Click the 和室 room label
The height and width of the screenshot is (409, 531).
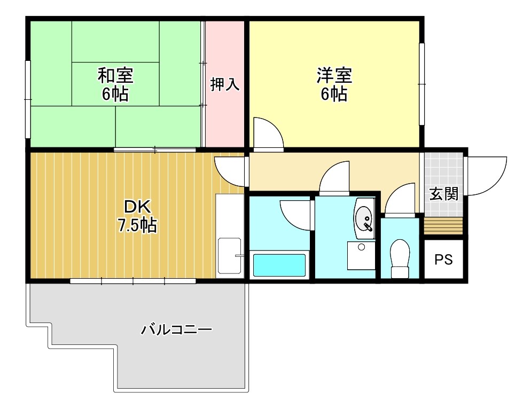tap(115, 75)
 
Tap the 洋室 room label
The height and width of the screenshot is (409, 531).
tap(334, 75)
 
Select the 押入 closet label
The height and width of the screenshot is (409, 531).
tap(224, 84)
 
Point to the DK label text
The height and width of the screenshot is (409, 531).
tap(138, 207)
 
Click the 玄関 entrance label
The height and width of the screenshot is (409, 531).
tap(444, 193)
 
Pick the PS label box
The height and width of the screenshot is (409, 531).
tap(443, 259)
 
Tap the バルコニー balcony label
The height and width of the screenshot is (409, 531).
tap(176, 329)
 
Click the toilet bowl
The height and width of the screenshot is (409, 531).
tap(400, 257)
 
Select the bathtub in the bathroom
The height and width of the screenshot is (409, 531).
tap(279, 265)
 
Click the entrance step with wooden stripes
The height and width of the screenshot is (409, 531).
tap(443, 225)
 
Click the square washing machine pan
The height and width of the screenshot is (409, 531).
tap(361, 255)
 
